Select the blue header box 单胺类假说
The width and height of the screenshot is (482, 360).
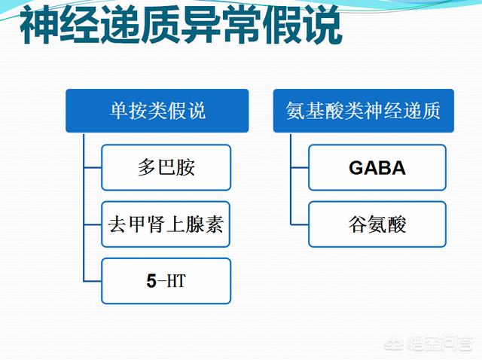click(x=157, y=111)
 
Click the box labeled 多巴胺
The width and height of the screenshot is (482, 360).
click(x=166, y=167)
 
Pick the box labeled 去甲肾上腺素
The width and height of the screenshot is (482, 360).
click(x=166, y=224)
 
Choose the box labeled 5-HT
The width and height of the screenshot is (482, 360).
click(x=166, y=281)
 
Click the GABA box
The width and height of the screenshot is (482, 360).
click(x=377, y=167)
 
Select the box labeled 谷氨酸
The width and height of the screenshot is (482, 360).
click(x=377, y=224)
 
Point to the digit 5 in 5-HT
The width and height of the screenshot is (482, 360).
click(x=151, y=282)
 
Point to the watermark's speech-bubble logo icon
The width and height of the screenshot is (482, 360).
click(x=394, y=346)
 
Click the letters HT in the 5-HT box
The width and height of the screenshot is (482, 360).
click(x=175, y=282)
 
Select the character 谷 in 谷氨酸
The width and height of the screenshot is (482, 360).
click(x=358, y=224)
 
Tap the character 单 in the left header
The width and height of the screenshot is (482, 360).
click(x=118, y=111)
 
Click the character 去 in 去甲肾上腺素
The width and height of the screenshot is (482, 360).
click(x=117, y=224)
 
